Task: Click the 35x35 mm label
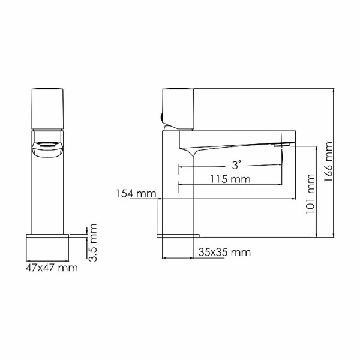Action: pos(223,252)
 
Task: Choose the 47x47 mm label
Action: pos(52,268)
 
